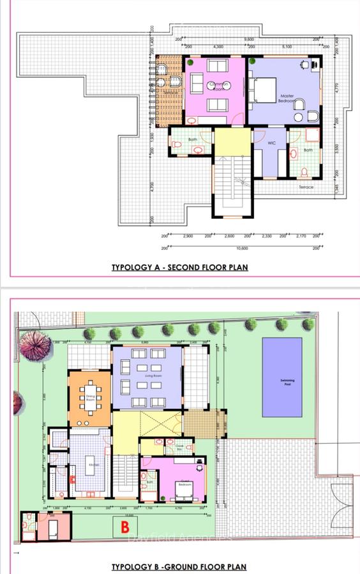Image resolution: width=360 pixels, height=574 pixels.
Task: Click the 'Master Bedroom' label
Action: click(287, 99)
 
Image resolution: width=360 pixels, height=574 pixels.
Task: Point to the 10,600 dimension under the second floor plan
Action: click(241, 248)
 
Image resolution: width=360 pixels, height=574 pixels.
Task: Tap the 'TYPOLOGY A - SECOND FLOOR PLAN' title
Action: click(179, 267)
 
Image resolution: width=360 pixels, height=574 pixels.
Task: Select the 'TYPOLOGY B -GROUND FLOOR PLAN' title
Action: click(179, 566)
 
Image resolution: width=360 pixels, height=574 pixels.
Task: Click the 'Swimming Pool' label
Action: click(281, 381)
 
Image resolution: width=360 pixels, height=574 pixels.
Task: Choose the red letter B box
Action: click(126, 527)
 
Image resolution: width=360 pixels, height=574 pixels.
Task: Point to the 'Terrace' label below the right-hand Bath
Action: click(306, 187)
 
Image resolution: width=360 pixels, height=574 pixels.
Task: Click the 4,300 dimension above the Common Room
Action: click(217, 47)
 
